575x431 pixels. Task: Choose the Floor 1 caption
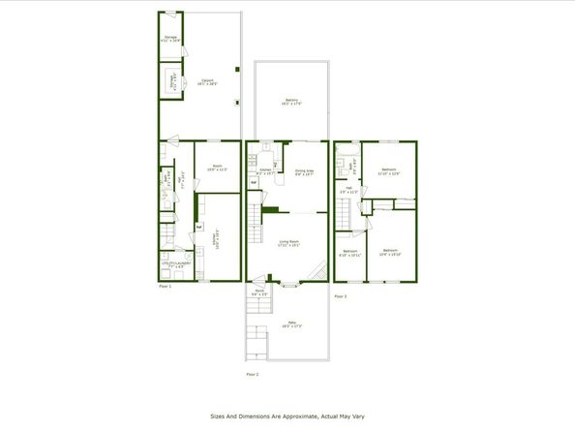(x=165, y=287)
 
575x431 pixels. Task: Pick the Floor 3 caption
(x=340, y=295)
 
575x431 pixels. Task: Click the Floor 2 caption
(x=252, y=373)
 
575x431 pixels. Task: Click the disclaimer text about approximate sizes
(x=287, y=417)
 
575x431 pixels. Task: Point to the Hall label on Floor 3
(x=349, y=191)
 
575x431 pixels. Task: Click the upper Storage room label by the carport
(x=170, y=40)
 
